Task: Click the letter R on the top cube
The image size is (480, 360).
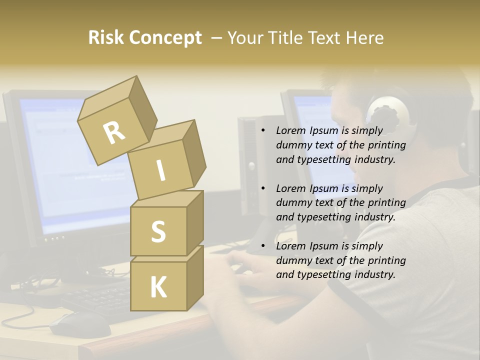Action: coord(114,133)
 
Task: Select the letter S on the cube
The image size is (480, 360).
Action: coord(158,231)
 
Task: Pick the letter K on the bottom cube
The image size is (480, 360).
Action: coord(158,287)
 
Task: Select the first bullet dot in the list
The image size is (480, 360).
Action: coord(263,131)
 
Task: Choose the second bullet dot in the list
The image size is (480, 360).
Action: coord(263,188)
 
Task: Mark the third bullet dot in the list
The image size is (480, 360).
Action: coord(263,246)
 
